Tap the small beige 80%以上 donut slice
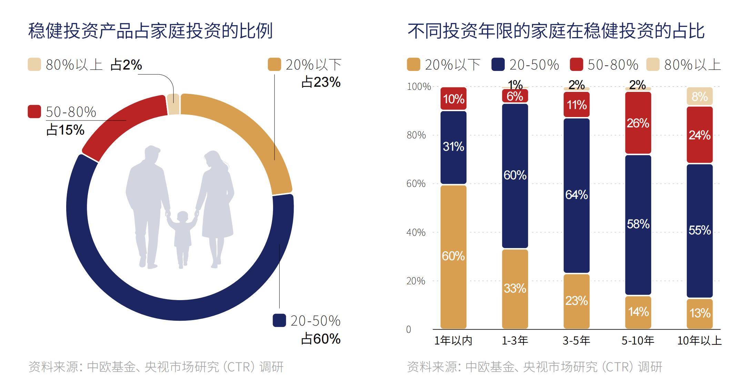click(173, 104)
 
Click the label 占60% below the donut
click(321, 339)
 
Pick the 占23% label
click(321, 82)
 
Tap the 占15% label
click(65, 130)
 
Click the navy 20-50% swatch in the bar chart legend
click(498, 64)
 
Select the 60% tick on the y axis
click(416, 183)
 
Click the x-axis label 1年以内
click(453, 340)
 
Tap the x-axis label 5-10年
click(638, 340)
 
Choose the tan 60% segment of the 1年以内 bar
click(453, 257)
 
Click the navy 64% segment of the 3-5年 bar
click(576, 195)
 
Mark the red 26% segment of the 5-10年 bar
click(638, 123)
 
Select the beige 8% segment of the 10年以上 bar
click(699, 96)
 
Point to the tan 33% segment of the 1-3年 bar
click(515, 289)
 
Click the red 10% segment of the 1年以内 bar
click(453, 99)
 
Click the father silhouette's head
click(152, 154)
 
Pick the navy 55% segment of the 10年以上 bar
click(699, 231)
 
